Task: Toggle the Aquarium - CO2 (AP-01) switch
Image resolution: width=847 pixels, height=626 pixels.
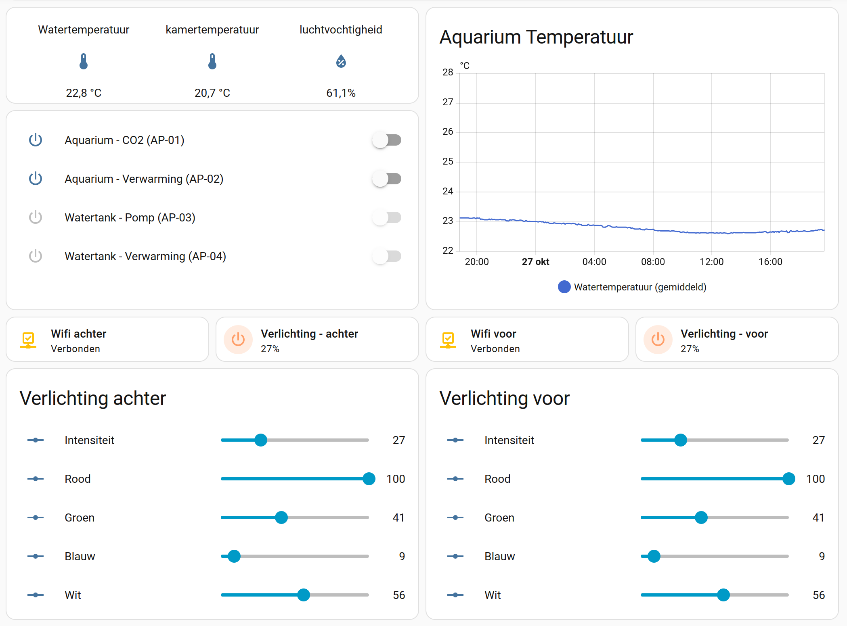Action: click(x=386, y=140)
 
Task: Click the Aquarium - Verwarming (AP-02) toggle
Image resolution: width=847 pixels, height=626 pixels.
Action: click(x=386, y=179)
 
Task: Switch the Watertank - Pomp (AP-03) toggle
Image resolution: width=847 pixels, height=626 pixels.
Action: click(x=386, y=218)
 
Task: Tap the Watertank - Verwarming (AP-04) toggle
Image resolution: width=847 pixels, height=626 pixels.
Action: click(x=386, y=257)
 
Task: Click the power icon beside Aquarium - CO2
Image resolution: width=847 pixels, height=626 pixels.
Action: click(x=36, y=140)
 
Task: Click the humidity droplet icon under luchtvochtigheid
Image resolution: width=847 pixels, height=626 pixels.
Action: click(x=341, y=61)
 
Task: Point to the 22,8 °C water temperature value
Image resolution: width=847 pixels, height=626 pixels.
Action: click(x=84, y=93)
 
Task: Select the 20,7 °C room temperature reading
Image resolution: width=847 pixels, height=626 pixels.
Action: click(x=212, y=93)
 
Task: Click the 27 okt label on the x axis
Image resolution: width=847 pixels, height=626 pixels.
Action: click(x=535, y=262)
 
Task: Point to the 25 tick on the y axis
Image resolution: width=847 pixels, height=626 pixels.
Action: click(x=448, y=161)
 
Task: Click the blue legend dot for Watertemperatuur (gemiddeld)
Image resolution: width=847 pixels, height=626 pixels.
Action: click(x=564, y=287)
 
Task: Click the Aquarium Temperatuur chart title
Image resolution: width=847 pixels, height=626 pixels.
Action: click(x=536, y=37)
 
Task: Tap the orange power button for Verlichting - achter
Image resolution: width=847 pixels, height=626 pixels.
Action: click(x=238, y=340)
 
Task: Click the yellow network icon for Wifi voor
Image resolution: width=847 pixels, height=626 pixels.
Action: click(x=448, y=340)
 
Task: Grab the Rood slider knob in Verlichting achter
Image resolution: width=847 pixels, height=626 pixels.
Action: click(x=369, y=479)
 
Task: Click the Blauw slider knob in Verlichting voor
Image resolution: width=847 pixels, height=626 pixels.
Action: click(x=654, y=556)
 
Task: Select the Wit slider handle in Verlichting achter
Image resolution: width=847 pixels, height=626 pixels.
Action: click(x=304, y=595)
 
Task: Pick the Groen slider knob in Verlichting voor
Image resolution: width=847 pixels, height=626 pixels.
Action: click(x=701, y=517)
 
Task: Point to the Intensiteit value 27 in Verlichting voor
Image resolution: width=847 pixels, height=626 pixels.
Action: click(x=818, y=440)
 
